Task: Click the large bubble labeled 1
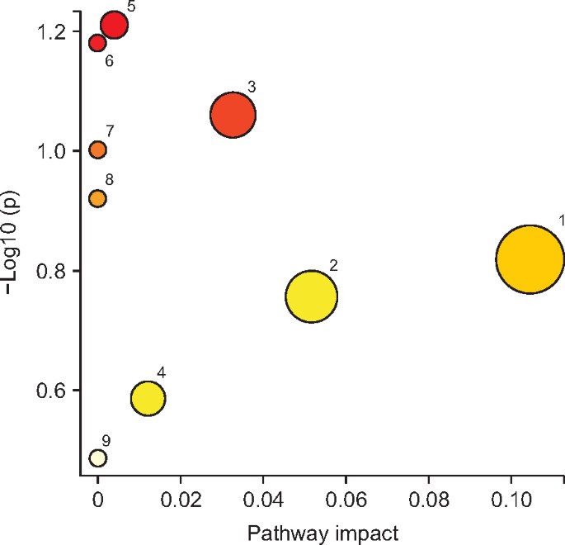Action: pos(530,259)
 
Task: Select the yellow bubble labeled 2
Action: pos(312,297)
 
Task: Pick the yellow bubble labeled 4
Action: pos(148,399)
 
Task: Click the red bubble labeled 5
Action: pos(114,25)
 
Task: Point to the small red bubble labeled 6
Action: pos(97,42)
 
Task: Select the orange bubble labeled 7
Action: pos(97,149)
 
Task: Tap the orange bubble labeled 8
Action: pos(97,198)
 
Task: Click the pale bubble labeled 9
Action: pos(97,457)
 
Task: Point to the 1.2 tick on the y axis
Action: pos(53,32)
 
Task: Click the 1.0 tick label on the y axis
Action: pos(53,152)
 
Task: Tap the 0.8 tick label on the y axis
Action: pos(53,271)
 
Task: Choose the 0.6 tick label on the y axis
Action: pos(53,391)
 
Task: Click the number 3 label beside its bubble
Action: pos(252,87)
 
